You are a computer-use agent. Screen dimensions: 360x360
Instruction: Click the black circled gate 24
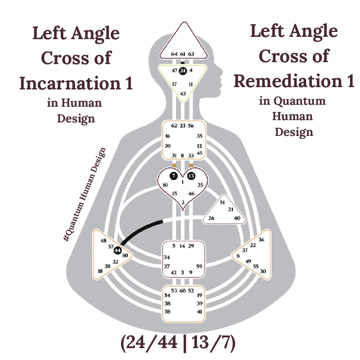[182, 70]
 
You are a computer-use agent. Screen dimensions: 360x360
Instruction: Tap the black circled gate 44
[118, 250]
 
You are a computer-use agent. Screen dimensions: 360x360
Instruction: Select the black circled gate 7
[174, 176]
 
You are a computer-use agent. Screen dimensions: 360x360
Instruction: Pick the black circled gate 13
[191, 176]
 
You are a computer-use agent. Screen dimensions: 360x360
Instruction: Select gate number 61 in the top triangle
[182, 54]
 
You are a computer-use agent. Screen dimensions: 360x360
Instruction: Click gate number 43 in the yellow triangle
[183, 94]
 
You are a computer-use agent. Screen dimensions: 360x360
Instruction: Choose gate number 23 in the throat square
[182, 126]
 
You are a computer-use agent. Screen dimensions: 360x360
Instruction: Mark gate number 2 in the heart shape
[183, 202]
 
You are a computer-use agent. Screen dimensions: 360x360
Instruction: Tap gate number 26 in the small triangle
[211, 218]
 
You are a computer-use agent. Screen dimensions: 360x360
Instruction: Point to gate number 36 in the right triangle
[261, 240]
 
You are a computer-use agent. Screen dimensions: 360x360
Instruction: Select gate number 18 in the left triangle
[100, 271]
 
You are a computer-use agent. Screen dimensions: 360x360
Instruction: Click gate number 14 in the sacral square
[182, 246]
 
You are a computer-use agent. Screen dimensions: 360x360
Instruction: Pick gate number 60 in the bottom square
[183, 291]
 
